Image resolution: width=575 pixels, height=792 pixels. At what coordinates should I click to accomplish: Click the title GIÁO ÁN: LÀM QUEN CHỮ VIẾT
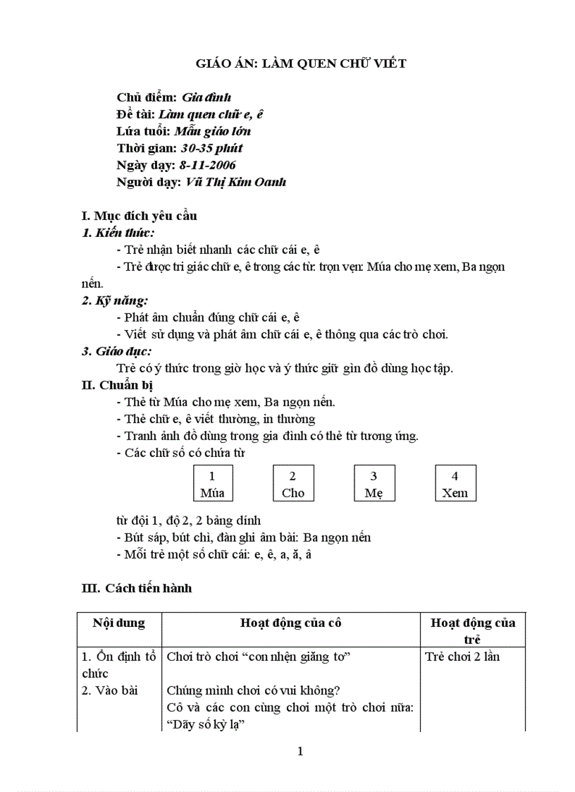pos(301,64)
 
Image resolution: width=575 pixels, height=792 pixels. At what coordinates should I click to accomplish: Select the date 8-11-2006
pos(208,165)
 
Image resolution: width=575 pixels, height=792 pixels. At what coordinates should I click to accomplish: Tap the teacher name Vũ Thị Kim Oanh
pos(235,182)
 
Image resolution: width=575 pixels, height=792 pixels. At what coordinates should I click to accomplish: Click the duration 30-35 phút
pos(211,148)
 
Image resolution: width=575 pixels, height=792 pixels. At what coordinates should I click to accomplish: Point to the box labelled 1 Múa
pos(212,484)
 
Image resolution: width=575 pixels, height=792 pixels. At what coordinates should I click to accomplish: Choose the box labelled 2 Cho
pos(293,484)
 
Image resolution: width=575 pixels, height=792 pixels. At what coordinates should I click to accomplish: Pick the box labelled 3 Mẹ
pos(374,484)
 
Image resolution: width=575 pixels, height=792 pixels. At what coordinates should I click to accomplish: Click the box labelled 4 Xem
pos(455,484)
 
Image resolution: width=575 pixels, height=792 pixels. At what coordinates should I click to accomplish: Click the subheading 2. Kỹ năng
pos(115,300)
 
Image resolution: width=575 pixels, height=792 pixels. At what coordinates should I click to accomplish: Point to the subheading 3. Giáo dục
pos(117,351)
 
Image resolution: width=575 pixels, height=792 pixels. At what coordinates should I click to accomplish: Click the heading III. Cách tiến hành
pos(137,587)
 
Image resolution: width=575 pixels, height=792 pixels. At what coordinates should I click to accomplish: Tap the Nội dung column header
pos(118,623)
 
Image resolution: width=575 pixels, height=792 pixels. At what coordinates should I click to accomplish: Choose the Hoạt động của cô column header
pos(291,623)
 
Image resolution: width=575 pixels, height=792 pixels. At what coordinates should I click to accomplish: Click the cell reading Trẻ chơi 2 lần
pos(462,657)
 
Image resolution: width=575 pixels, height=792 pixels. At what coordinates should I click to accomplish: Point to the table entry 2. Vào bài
pos(106,690)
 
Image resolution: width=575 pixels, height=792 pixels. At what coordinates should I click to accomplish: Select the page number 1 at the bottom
pos(300,751)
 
